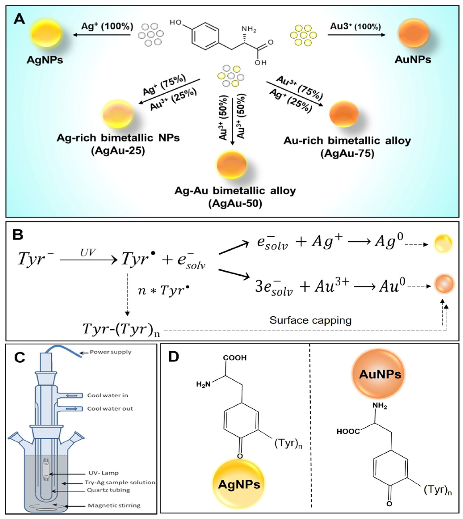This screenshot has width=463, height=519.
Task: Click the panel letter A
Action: (19, 19)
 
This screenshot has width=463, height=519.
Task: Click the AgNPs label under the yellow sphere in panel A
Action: (45, 60)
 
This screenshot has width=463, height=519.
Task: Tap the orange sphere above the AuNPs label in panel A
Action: (413, 33)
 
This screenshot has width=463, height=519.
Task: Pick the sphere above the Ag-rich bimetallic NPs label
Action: (117, 114)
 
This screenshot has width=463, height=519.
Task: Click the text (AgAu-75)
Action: (347, 154)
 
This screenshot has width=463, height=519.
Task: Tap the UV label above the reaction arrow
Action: (88, 253)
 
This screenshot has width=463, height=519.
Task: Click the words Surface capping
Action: (310, 320)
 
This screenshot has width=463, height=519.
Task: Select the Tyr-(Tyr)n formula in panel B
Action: (121, 330)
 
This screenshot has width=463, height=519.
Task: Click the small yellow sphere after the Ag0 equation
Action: (443, 244)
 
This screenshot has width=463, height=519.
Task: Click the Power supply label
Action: (110, 352)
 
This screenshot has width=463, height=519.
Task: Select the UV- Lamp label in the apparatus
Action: (103, 473)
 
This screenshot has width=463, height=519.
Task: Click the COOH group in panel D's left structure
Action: (235, 358)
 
